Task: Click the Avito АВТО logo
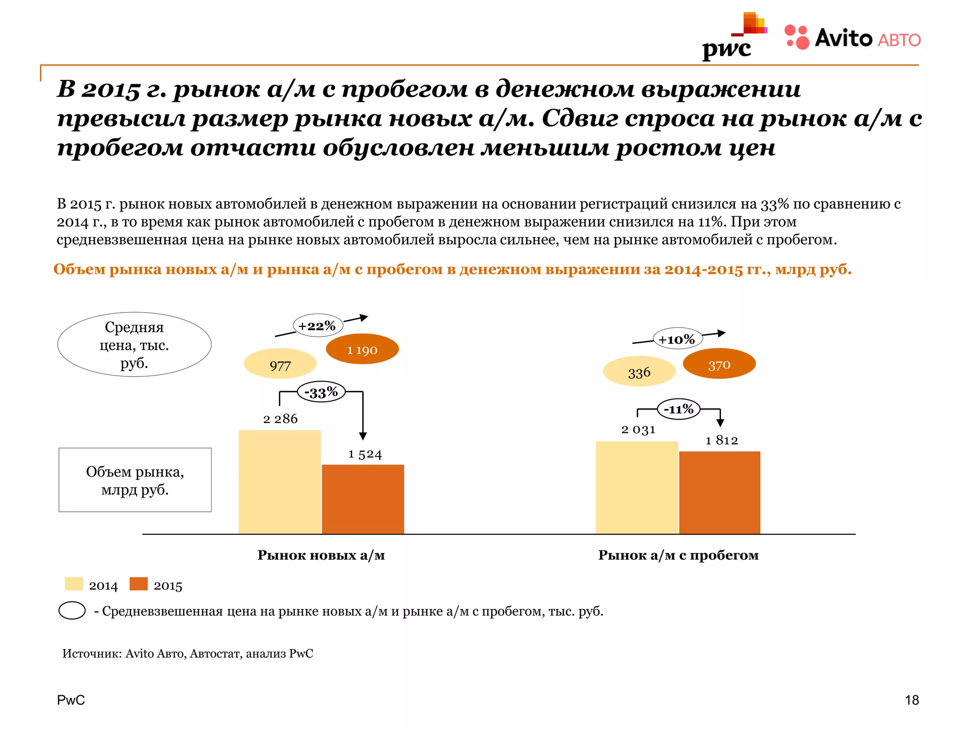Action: (852, 38)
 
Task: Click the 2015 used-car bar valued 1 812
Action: (720, 492)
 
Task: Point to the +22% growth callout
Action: (317, 326)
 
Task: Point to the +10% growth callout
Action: (677, 339)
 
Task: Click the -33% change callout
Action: (321, 392)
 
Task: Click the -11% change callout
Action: (679, 409)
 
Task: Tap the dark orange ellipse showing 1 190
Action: (362, 349)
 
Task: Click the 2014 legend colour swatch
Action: (74, 584)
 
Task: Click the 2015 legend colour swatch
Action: (139, 584)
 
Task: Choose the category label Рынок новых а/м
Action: (321, 555)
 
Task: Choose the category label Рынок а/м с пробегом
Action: (678, 555)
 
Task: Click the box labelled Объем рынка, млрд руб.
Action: (135, 480)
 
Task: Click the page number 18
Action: (912, 700)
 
